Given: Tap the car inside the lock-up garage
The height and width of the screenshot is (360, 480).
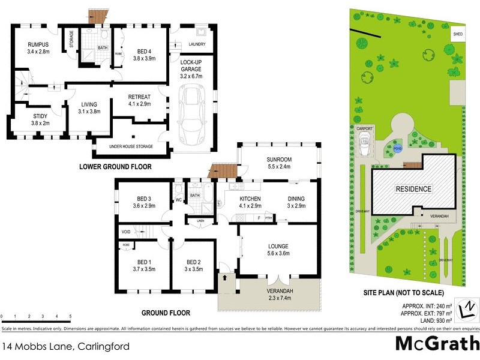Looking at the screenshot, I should click(x=194, y=111).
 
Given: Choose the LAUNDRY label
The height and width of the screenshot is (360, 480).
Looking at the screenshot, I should click(x=197, y=44).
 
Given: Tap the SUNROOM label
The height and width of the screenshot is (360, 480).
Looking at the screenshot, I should click(x=278, y=160).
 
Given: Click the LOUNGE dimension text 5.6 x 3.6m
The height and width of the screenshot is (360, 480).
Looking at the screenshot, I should click(x=279, y=254).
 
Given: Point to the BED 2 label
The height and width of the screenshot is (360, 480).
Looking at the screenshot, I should click(x=193, y=262).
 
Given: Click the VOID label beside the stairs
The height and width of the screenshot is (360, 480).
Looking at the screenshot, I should click(x=125, y=231).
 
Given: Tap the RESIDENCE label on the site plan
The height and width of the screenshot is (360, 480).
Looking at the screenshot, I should click(x=413, y=189).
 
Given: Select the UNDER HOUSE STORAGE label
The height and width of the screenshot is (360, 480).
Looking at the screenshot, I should click(x=130, y=146).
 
